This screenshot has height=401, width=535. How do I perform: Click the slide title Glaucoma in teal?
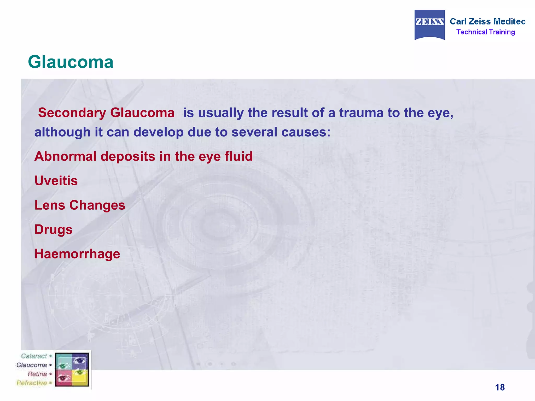(71, 62)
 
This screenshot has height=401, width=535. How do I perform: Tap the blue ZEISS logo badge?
(429, 25)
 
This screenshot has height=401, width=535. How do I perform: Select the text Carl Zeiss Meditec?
(487, 21)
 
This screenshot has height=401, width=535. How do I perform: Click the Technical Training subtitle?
(485, 32)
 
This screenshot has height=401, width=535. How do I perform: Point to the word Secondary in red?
(72, 113)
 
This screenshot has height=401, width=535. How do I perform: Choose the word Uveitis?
(56, 181)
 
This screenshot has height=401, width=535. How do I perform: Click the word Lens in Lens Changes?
(50, 205)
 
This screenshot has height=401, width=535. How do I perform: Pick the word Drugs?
(53, 230)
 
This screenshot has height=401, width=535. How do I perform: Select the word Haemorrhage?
(77, 254)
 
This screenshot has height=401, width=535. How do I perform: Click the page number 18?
(500, 387)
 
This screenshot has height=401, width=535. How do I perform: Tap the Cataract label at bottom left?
(34, 356)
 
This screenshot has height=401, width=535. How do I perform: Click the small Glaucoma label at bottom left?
(32, 365)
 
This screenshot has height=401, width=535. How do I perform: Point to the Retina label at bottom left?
(37, 374)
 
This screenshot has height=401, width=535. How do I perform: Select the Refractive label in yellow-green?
(32, 383)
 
